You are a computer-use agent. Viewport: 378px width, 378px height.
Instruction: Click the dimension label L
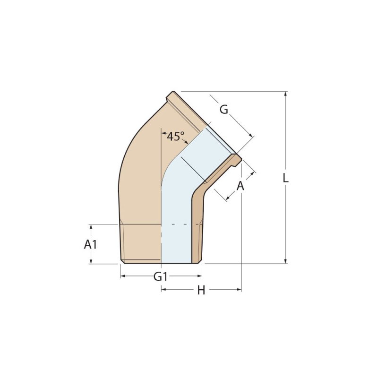(286, 178)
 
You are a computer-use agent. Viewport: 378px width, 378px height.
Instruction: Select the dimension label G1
(161, 276)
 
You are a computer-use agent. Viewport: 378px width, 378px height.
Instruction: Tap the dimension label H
(201, 290)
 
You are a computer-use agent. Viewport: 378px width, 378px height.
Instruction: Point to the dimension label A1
(90, 244)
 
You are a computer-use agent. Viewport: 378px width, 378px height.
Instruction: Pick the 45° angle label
(175, 136)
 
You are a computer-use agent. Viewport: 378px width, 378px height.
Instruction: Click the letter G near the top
(223, 110)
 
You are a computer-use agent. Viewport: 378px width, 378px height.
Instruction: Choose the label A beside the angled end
(241, 186)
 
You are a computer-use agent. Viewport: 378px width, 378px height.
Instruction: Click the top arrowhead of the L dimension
(286, 94)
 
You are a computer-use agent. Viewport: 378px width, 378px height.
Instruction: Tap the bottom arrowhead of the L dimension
(286, 261)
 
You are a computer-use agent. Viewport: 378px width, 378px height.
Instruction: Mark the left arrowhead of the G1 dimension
(123, 276)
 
